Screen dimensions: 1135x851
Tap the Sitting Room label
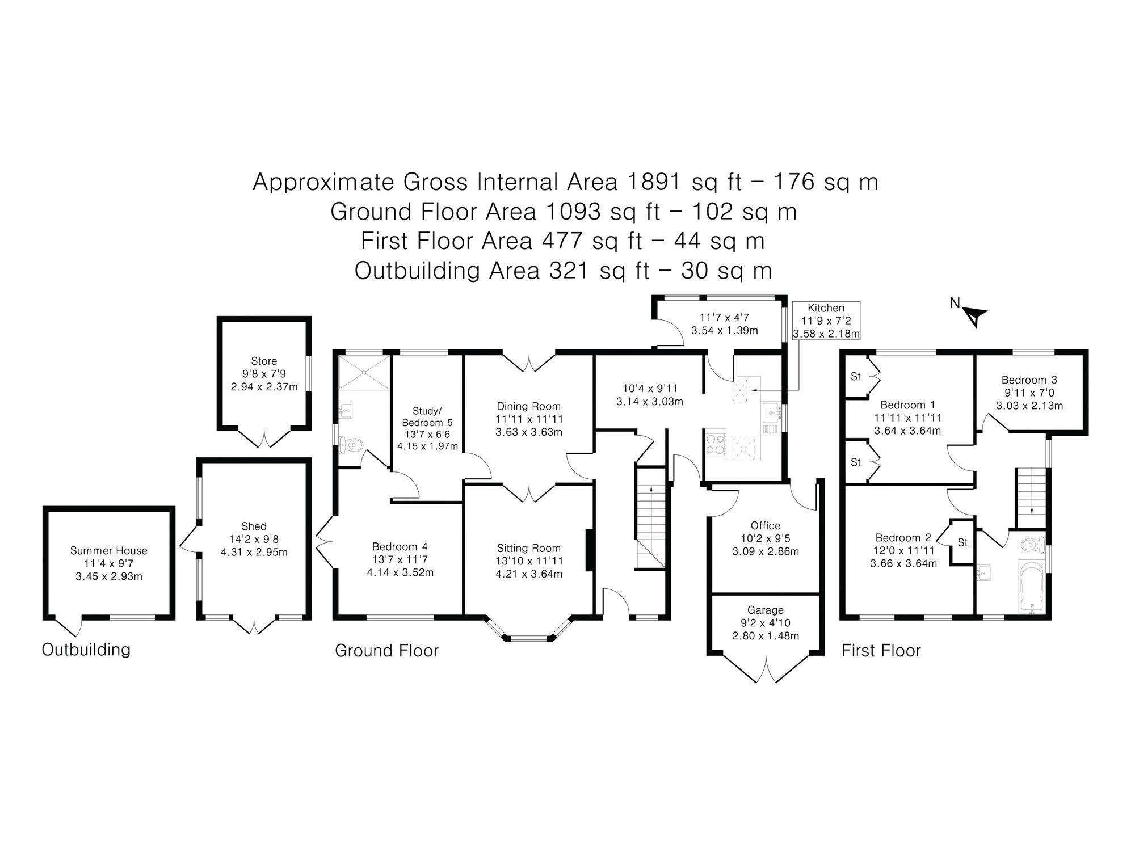tap(528, 548)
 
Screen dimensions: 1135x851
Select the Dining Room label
tap(528, 406)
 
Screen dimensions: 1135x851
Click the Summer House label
tap(109, 550)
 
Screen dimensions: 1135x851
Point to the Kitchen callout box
tap(826, 321)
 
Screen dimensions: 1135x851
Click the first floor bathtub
tap(1031, 587)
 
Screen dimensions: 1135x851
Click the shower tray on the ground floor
tap(364, 372)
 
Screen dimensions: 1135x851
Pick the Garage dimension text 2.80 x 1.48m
tap(766, 636)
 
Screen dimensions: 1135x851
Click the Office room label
tap(765, 526)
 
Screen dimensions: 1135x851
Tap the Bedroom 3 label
tap(1029, 380)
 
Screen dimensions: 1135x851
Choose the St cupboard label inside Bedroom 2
tap(962, 543)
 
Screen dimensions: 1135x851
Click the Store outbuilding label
tap(264, 361)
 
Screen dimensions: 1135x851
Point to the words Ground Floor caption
tap(387, 650)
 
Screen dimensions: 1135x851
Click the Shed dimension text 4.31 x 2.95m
tap(254, 552)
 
